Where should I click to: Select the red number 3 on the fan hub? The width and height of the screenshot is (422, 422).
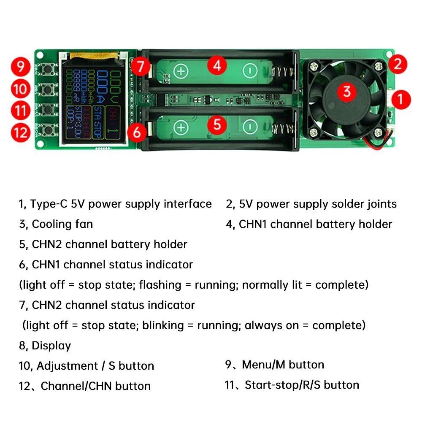point(347,91)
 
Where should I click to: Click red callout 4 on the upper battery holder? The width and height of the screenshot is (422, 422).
point(217,65)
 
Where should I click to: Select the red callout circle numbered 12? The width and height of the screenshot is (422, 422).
point(20,133)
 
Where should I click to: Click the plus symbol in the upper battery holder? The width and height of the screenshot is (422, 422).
point(181,71)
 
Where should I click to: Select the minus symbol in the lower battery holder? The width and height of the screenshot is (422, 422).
point(250,127)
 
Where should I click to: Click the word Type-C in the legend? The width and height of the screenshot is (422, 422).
point(46,204)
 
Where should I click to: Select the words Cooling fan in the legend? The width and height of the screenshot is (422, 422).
point(62,224)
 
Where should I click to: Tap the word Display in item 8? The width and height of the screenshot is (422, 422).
point(51,346)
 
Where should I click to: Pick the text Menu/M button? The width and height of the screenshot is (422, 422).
point(283,365)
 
